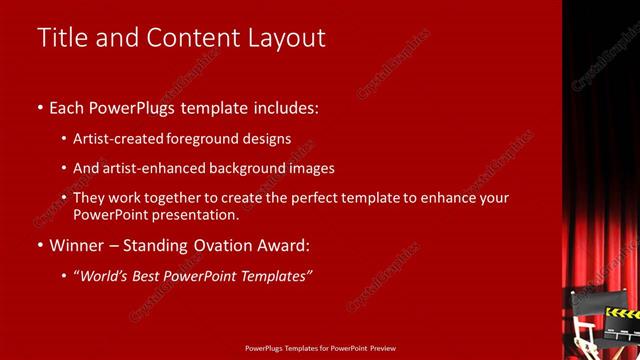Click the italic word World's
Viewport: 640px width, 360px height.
click(x=108, y=274)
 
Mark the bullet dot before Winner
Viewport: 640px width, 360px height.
click(x=40, y=244)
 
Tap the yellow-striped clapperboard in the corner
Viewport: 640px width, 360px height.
click(x=620, y=314)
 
